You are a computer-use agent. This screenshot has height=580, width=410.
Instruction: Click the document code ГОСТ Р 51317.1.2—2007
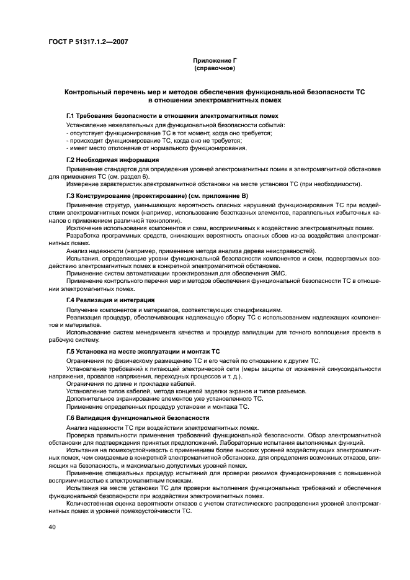(x=84, y=42)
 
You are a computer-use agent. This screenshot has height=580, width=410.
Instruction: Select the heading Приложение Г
(x=215, y=61)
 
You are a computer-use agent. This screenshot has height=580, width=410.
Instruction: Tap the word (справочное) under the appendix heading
(x=215, y=68)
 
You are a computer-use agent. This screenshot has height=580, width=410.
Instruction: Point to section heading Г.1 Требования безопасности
(x=172, y=116)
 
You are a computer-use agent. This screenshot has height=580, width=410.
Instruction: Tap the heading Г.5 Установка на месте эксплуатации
(x=143, y=351)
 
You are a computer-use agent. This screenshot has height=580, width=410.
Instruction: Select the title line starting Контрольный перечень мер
(x=215, y=92)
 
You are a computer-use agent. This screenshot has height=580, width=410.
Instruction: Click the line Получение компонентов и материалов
(x=174, y=310)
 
